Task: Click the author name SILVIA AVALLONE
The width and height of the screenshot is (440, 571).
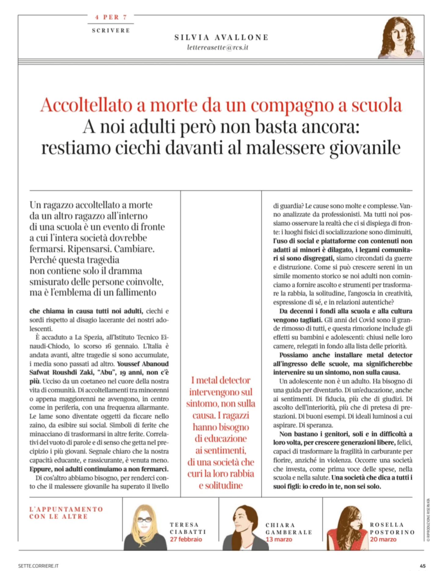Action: [x=221, y=37]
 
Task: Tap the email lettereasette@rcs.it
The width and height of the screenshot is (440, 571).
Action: [x=218, y=47]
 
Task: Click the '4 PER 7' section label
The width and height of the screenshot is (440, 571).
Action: [x=111, y=17]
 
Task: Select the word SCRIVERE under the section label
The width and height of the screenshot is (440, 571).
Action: [x=111, y=30]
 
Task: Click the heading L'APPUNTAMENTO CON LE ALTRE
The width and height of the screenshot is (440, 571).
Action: [x=66, y=513]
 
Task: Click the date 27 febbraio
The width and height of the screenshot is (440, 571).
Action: [x=186, y=539]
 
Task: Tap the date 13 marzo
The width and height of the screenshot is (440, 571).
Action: [x=279, y=539]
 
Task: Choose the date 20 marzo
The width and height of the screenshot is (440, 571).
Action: [x=383, y=539]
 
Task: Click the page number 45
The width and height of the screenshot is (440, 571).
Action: [x=423, y=566]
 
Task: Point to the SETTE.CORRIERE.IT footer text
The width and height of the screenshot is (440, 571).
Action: [x=38, y=566]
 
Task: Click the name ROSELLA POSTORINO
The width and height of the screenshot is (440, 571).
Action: [x=392, y=528]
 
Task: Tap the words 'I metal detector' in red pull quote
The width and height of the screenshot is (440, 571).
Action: [x=221, y=380]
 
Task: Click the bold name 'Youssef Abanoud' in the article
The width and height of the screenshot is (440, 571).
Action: [x=143, y=364]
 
